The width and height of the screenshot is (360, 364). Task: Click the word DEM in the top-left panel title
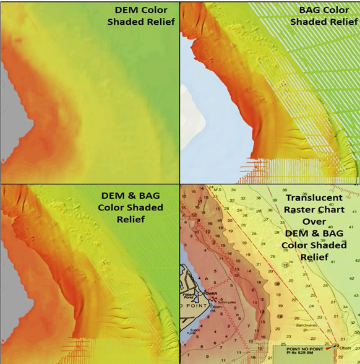pos(126,11)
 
